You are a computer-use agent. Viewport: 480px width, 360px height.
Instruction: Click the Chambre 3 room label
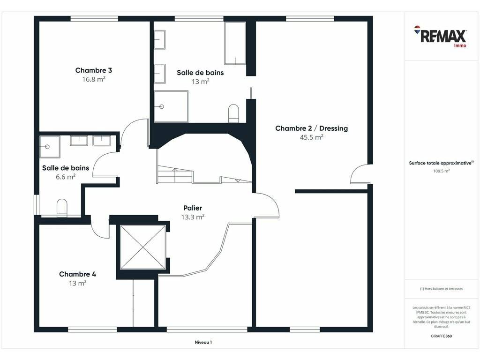point(93,70)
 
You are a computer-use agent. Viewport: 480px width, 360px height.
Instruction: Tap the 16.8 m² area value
point(93,79)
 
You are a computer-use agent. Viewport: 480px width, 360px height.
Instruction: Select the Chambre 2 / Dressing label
point(311,128)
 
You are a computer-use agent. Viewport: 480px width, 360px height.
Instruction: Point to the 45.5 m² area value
point(311,137)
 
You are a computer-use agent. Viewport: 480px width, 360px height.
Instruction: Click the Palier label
point(193,208)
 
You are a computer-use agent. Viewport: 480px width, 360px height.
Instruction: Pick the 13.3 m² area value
point(193,217)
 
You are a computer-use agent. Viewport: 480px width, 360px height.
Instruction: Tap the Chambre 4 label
point(77,274)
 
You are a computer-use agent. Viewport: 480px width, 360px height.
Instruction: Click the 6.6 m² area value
point(66,177)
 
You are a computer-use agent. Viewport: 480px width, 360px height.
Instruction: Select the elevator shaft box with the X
point(142,247)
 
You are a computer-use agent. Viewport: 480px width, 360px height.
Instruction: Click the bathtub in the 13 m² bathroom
point(235,43)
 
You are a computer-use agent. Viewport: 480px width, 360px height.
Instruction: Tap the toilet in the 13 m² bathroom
point(233,113)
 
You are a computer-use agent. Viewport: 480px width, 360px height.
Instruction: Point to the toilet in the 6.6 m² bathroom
point(62,208)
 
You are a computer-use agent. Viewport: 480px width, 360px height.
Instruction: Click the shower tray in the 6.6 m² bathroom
point(50,147)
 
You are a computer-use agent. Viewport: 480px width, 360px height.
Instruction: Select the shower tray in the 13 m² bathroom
point(171,106)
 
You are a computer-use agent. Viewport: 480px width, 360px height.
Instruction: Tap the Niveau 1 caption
point(203,342)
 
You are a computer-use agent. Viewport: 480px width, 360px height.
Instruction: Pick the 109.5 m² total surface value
point(441,171)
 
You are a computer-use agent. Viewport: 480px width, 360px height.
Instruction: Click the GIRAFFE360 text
point(441,336)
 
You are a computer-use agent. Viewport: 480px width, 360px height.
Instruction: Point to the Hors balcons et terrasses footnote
point(441,289)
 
